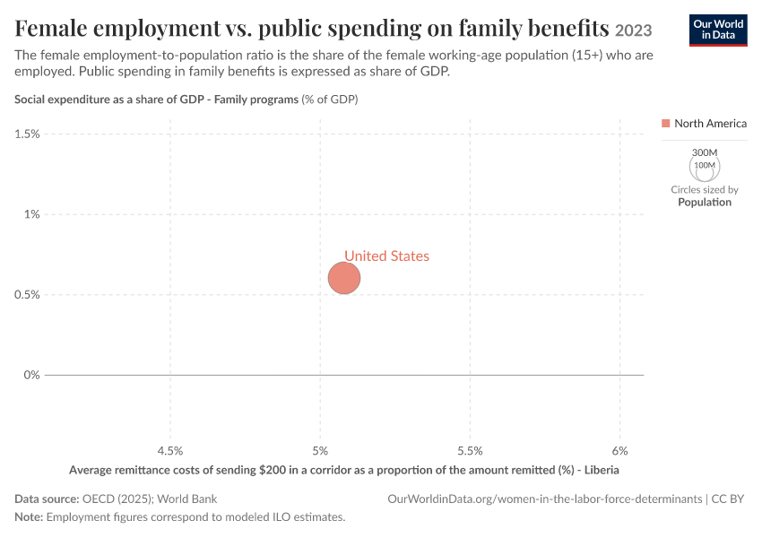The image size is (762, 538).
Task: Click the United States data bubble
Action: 344,278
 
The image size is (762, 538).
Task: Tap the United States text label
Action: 387,256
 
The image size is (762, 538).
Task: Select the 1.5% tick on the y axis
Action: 27,134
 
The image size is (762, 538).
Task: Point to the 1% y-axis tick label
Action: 32,214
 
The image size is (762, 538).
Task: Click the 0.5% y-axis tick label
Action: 27,295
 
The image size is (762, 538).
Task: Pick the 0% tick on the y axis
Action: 32,375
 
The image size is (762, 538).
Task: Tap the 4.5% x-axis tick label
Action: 170,451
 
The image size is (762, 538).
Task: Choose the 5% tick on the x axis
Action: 320,451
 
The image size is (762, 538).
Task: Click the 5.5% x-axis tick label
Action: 470,451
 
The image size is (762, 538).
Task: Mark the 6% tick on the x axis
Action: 620,451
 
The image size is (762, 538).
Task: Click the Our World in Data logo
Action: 718,30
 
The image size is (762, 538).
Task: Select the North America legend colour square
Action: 666,124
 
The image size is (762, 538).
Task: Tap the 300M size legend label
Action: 705,152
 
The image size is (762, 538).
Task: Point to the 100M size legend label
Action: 705,165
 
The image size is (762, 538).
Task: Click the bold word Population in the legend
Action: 705,202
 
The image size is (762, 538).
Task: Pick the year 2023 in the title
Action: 633,30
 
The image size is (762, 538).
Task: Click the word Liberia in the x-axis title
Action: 602,470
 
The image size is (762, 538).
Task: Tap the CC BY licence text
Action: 728,499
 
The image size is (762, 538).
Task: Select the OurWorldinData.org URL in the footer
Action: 545,499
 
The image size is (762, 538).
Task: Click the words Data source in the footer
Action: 47,499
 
